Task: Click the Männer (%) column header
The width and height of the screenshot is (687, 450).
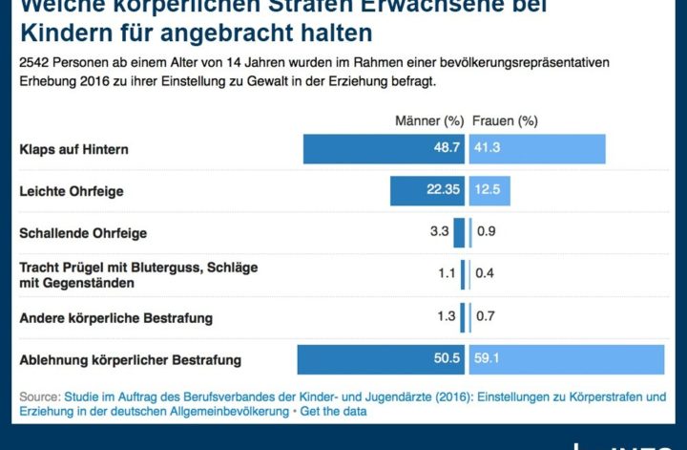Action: [429, 121]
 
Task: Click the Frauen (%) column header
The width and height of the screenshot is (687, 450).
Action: [504, 121]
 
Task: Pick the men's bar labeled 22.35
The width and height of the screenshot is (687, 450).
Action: [427, 191]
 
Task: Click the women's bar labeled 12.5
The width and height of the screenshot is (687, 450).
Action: [489, 191]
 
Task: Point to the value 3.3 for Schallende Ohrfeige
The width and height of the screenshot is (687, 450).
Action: [440, 232]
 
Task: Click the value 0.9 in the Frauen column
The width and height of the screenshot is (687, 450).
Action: [486, 232]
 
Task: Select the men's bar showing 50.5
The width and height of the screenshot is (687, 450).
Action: [381, 359]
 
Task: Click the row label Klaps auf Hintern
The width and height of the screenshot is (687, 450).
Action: [74, 150]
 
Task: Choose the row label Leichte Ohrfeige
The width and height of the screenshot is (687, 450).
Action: [72, 192]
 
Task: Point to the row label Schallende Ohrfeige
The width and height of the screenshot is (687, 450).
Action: [83, 233]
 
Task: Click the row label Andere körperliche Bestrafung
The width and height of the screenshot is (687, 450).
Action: [115, 317]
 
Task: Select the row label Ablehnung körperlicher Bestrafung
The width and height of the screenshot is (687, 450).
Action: [131, 360]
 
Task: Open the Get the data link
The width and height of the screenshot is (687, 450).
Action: [333, 411]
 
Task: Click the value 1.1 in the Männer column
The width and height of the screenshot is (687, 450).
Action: [447, 273]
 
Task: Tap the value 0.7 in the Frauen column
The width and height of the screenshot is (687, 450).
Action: [485, 316]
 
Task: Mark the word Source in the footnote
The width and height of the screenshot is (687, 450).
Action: [39, 396]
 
